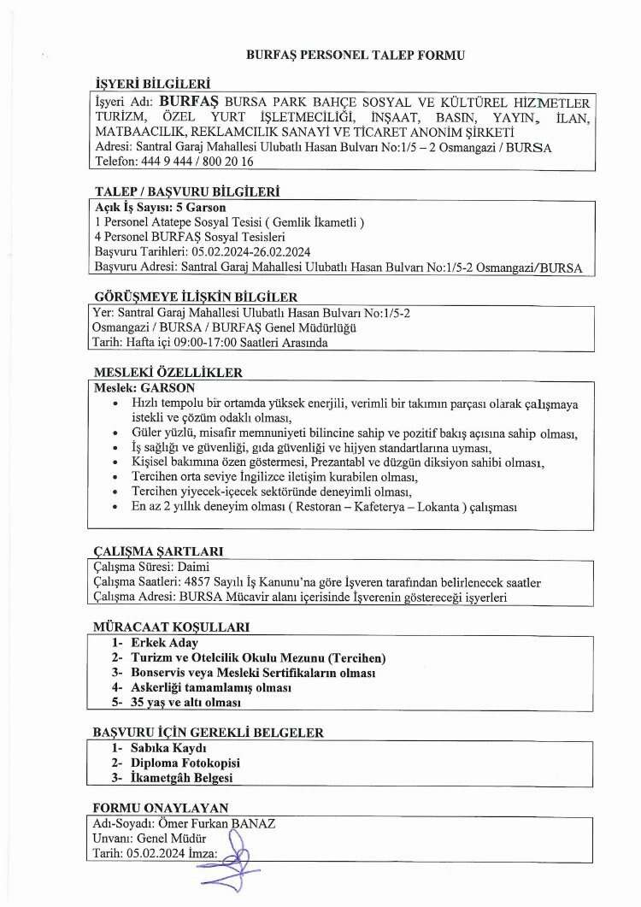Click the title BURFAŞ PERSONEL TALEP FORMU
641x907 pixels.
pyautogui.click(x=355, y=54)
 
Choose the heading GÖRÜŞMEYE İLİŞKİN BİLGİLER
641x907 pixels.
pyautogui.click(x=195, y=297)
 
